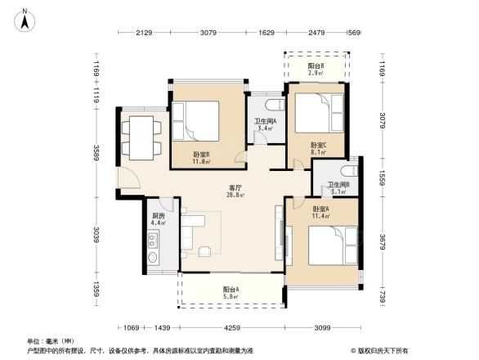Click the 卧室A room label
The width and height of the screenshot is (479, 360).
[x=322, y=209]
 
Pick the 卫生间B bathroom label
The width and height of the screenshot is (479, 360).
[x=338, y=185]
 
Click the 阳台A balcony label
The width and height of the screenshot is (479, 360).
[x=232, y=289]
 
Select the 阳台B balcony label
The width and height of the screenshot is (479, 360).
[x=316, y=66]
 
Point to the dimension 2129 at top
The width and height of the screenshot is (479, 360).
[x=145, y=33]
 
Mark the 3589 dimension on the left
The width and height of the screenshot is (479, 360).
[x=96, y=153]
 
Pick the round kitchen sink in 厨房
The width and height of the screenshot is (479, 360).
[x=152, y=257]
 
